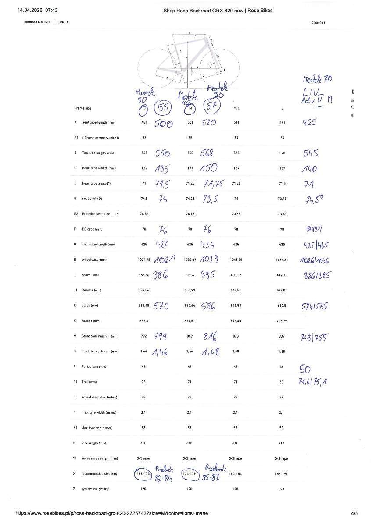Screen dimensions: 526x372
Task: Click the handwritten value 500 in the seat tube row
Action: [164, 123]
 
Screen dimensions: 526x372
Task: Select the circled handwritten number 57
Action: [211, 107]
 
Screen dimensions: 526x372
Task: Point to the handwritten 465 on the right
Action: [310, 123]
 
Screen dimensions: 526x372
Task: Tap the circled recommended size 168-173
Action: [143, 473]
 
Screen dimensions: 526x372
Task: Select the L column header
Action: [282, 108]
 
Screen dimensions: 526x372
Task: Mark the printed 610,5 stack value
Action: [282, 306]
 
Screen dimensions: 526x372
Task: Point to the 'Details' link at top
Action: [63, 22]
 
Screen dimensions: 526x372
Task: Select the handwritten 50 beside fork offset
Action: [305, 368]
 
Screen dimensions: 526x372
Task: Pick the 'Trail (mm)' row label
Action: [89, 382]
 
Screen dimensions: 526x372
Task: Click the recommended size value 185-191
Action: [282, 473]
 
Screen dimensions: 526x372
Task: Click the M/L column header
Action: [236, 108]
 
